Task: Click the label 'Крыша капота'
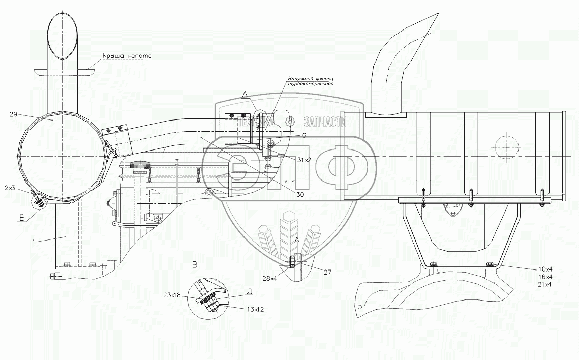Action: [127, 56]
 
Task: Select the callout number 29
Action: [13, 114]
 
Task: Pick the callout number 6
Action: [304, 135]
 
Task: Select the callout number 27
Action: [327, 273]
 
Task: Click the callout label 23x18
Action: [171, 295]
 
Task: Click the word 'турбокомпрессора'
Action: [310, 84]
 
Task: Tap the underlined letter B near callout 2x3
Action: [22, 218]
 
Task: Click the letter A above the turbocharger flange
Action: [245, 94]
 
